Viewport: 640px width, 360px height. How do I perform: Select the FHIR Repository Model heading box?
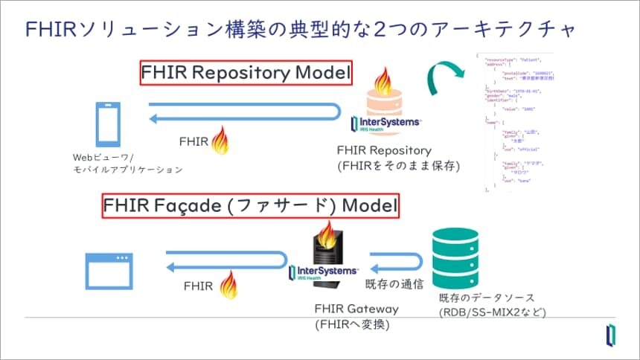point(246,74)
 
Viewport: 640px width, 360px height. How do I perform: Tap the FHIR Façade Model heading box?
point(250,205)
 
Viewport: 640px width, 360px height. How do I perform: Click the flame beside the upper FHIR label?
point(220,140)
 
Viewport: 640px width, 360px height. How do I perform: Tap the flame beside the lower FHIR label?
point(229,283)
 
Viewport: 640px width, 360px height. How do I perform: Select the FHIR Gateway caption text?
point(357,315)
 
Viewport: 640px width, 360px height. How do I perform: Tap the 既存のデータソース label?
point(492,304)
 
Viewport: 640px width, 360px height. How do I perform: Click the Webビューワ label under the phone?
point(127,164)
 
